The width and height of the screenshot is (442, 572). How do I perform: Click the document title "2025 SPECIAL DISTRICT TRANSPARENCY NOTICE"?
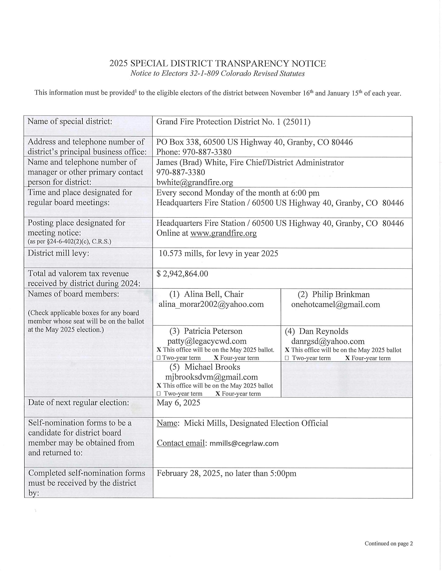(x=217, y=63)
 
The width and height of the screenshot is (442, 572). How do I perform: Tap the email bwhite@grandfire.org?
(x=195, y=182)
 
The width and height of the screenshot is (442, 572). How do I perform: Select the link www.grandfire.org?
(x=223, y=233)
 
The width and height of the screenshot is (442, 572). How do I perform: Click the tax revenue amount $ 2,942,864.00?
(x=182, y=274)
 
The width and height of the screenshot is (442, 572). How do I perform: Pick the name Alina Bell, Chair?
(x=213, y=294)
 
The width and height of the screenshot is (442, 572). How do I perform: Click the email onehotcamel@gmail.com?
(x=336, y=304)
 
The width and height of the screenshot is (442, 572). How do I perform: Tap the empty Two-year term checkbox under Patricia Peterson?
(x=158, y=358)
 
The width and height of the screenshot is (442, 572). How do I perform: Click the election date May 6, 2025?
(x=178, y=403)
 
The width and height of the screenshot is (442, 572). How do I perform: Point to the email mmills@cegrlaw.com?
(x=244, y=443)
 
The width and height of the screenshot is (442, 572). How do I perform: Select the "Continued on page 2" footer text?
(x=389, y=544)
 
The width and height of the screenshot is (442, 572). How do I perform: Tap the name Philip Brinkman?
(x=341, y=294)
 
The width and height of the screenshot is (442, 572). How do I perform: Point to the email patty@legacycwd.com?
(x=207, y=341)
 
